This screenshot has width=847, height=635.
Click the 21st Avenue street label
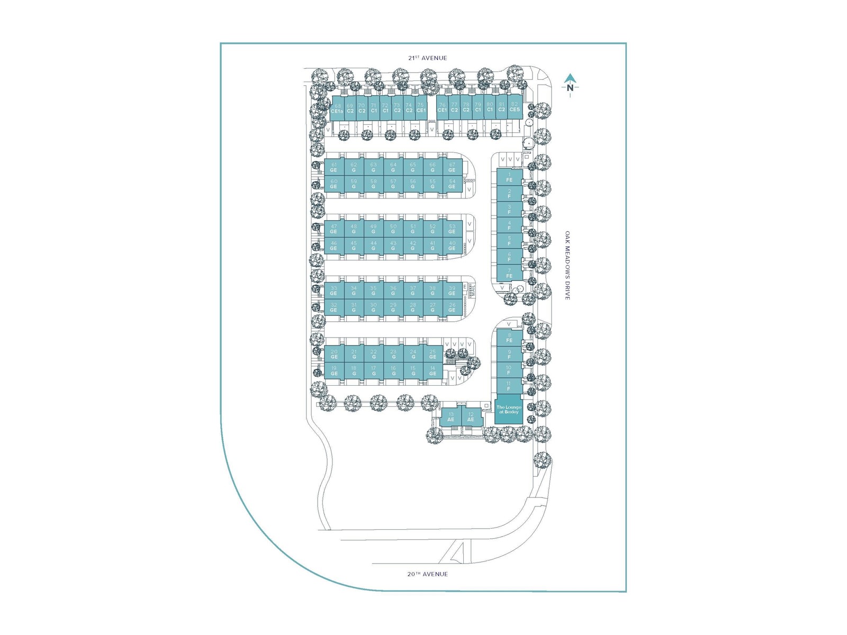(427, 58)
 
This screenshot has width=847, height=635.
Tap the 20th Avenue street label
(427, 574)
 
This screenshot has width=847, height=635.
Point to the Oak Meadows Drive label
(567, 265)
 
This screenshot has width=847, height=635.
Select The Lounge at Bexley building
(508, 410)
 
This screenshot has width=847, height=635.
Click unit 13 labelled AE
(451, 417)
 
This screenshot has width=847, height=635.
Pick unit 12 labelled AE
(471, 417)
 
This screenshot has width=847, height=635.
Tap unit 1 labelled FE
(509, 178)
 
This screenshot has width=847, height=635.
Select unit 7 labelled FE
(509, 273)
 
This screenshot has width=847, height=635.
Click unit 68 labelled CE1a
(337, 108)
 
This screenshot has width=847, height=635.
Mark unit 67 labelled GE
(452, 167)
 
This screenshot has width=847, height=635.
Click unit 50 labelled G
(393, 229)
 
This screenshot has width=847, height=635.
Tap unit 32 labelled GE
(334, 307)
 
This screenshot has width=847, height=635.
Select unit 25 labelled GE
(432, 354)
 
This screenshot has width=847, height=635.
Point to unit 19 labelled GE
(334, 370)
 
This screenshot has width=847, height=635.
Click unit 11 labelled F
(509, 386)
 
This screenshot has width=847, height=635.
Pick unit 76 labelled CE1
(442, 108)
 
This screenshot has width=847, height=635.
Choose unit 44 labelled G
(373, 246)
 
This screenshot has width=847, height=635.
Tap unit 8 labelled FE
(509, 338)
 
